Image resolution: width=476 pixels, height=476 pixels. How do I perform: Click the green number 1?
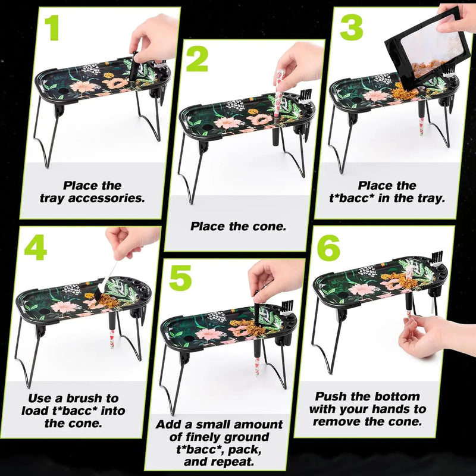tap(52, 27)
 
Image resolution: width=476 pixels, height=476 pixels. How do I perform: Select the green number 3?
tap(352, 27)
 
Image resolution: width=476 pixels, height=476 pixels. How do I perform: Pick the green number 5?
tap(180, 278)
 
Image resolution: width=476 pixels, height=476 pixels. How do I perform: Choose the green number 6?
tap(329, 248)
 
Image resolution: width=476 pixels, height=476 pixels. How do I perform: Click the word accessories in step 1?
tap(107, 198)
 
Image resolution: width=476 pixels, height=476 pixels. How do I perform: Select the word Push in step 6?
tap(331, 396)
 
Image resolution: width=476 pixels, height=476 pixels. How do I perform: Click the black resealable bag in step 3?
tap(428, 50)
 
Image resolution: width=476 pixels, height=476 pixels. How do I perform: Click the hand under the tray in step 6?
tap(434, 336)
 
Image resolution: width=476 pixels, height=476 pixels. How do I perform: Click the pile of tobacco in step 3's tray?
tap(402, 91)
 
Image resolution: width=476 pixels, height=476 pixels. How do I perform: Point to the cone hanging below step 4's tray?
tap(112, 339)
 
